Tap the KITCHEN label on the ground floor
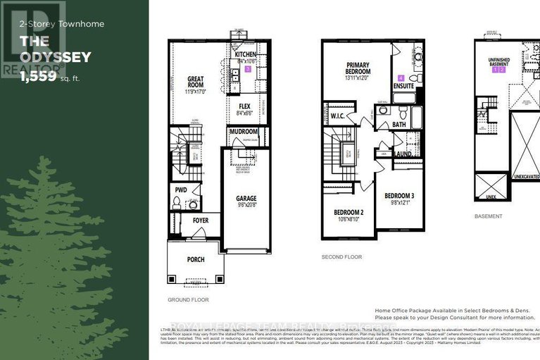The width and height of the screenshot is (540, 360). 246,54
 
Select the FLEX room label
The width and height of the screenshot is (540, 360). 245,107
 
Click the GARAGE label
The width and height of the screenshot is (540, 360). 246,199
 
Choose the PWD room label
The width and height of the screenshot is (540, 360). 180,189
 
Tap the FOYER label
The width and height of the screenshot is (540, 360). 201,221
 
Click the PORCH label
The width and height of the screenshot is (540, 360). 196,259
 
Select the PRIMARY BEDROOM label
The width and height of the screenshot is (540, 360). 358,68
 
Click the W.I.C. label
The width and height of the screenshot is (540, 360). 337,118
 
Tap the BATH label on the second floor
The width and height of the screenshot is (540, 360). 399,125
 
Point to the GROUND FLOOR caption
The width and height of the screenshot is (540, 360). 187,299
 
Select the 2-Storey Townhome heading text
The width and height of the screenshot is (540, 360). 52,24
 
